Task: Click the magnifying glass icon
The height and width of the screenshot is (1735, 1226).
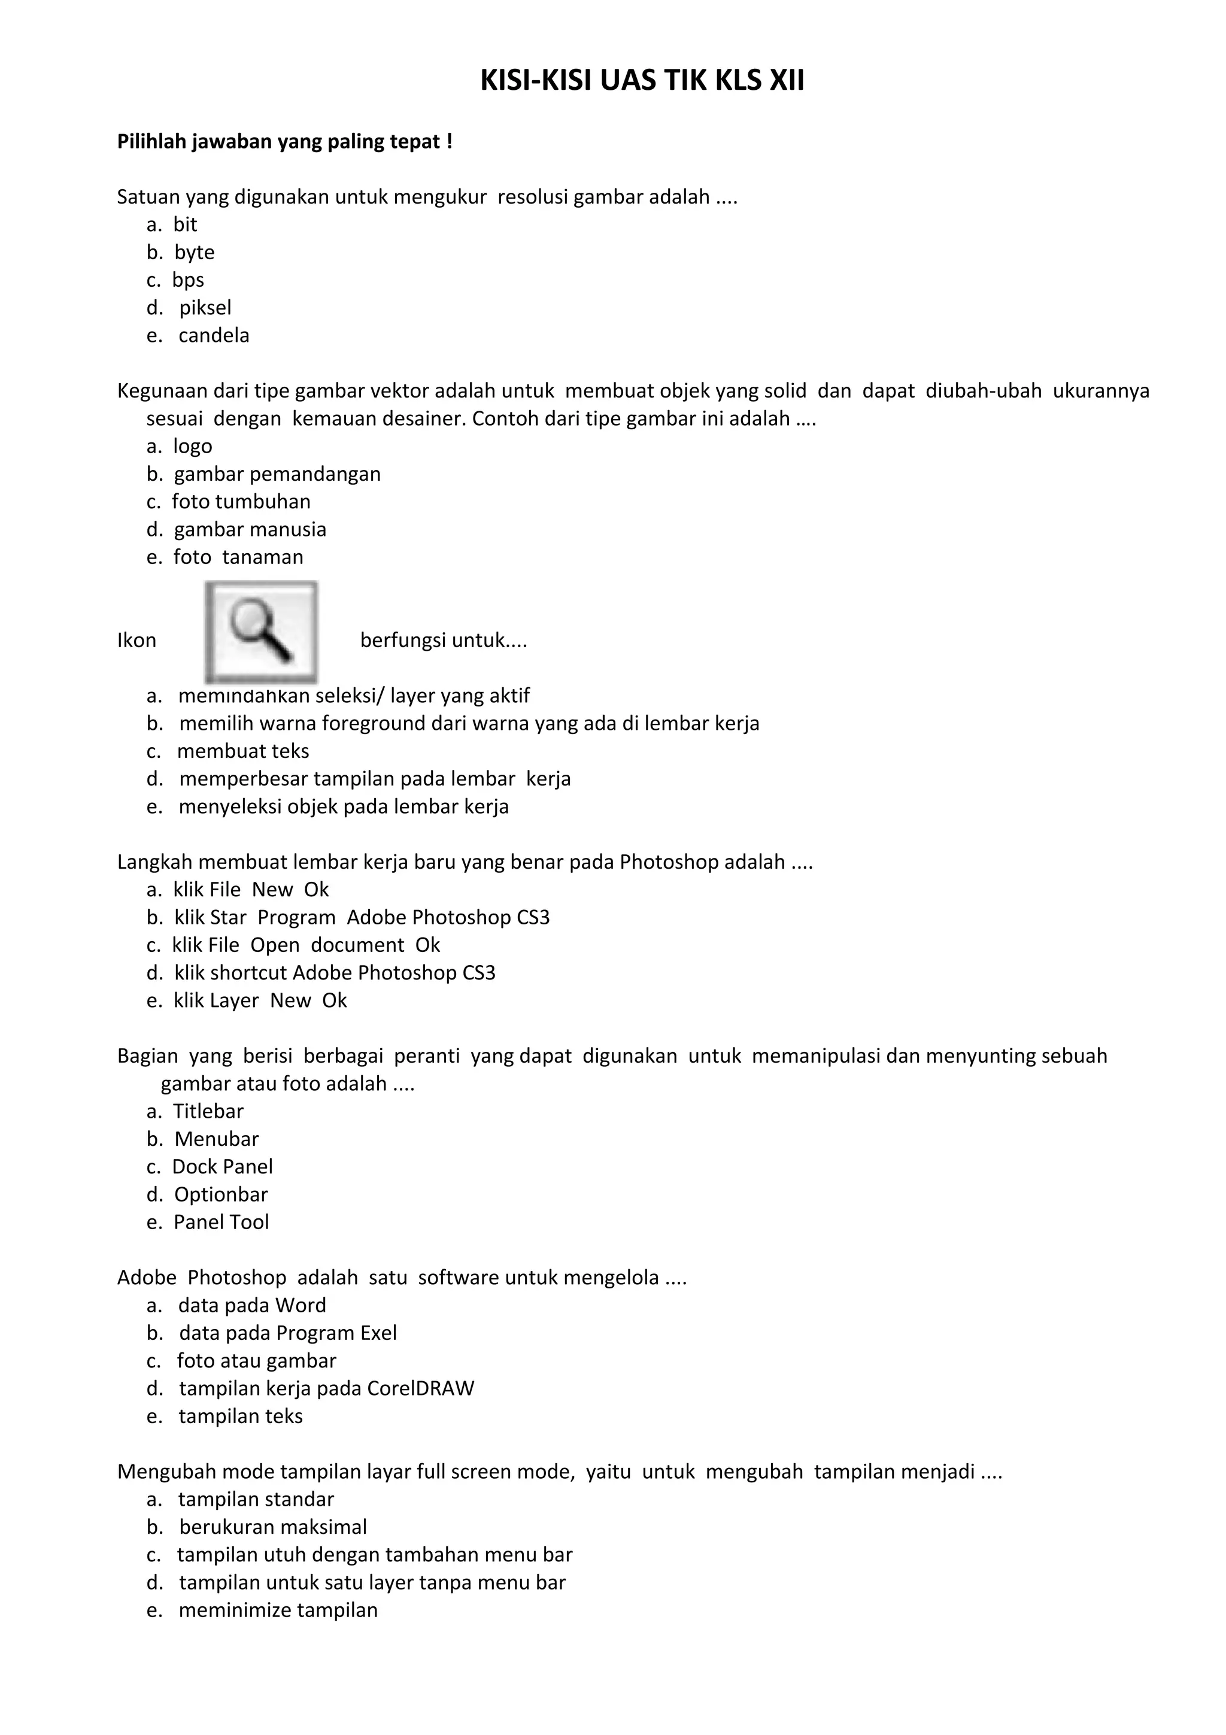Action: click(262, 631)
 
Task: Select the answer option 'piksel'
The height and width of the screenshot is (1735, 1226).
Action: click(205, 308)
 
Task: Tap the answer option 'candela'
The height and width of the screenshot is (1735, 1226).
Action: click(214, 335)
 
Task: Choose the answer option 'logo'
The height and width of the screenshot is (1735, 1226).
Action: click(193, 447)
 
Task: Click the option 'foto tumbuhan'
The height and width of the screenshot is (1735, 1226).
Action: click(241, 502)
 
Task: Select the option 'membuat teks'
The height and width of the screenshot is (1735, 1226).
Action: click(243, 751)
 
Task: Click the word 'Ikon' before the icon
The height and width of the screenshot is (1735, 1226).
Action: click(136, 641)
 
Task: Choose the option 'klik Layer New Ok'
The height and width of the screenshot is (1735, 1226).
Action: click(260, 1000)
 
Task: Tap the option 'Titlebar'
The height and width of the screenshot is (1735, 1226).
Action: click(208, 1112)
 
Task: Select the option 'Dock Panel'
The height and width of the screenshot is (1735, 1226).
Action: click(222, 1167)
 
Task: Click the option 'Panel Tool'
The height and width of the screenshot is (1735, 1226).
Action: click(221, 1222)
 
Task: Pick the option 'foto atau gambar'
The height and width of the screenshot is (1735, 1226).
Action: click(257, 1361)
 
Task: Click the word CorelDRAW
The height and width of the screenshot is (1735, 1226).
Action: click(421, 1389)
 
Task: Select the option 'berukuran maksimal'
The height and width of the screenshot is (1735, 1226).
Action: click(273, 1527)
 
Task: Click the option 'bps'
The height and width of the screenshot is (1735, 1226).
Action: click(188, 280)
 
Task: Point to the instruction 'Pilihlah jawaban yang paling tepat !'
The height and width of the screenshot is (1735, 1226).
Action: click(285, 142)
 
